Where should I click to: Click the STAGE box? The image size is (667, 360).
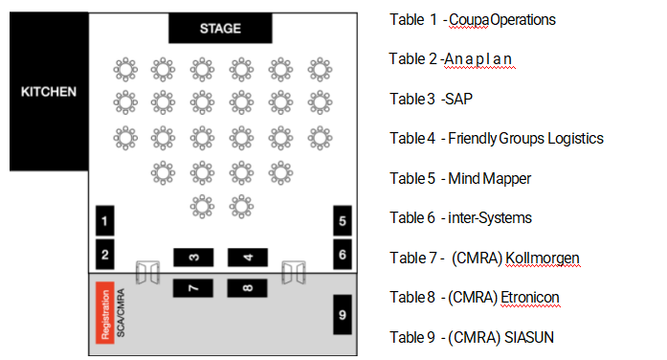coord(220,28)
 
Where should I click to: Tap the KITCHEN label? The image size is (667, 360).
coord(49,92)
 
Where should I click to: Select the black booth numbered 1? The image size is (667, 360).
coord(104,220)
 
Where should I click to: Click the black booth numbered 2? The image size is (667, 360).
coord(104,255)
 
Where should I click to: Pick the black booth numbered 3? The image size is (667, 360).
coord(193,258)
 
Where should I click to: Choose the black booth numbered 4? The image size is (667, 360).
coord(248,258)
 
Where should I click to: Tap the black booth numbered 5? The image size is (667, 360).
coord(343,220)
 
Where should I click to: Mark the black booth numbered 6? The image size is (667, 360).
coord(343,255)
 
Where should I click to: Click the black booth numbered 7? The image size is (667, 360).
coord(193,288)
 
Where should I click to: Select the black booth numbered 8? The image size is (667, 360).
coord(247,288)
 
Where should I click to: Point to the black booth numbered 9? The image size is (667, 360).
coord(343,314)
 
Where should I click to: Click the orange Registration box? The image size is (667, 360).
coord(105,312)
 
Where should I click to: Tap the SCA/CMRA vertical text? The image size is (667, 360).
coord(121,313)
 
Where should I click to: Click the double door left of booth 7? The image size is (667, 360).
coord(147,272)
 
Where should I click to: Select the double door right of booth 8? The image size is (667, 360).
coord(294,272)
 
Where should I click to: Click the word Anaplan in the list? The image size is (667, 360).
coord(478,58)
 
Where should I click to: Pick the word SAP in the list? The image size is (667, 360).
coord(458,99)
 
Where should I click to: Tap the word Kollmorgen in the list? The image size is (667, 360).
coord(543,258)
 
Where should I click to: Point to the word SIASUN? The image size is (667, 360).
coord(529,337)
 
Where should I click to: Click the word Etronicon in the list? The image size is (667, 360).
coord(530,298)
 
